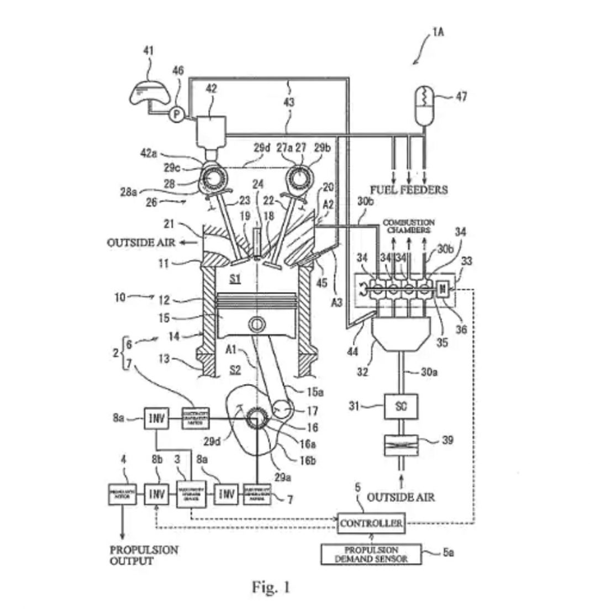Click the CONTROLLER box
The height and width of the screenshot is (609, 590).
tap(371, 522)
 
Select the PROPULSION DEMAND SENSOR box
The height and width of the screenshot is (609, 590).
tap(372, 554)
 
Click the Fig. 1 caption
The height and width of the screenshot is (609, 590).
tap(271, 587)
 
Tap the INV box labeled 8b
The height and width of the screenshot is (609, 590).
tap(156, 493)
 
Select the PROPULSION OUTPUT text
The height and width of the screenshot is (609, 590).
tap(144, 555)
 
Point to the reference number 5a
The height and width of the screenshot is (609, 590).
tap(450, 552)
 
